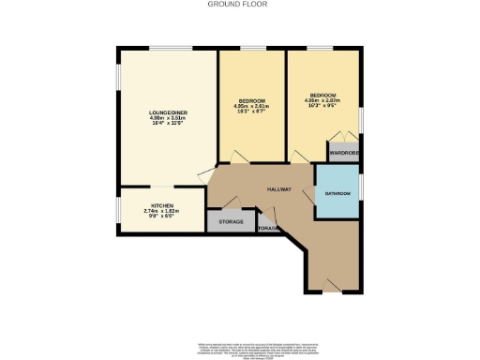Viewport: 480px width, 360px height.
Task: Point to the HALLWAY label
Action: (278, 188)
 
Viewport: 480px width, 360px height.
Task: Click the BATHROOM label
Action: (337, 193)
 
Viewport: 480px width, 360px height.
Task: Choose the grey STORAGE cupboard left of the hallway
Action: (231, 223)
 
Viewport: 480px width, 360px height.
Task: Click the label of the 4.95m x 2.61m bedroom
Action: (251, 100)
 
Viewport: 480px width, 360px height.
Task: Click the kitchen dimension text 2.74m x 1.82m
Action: (161, 212)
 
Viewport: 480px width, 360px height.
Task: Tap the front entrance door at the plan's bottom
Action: (330, 291)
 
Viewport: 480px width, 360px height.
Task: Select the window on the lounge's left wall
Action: (117, 76)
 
